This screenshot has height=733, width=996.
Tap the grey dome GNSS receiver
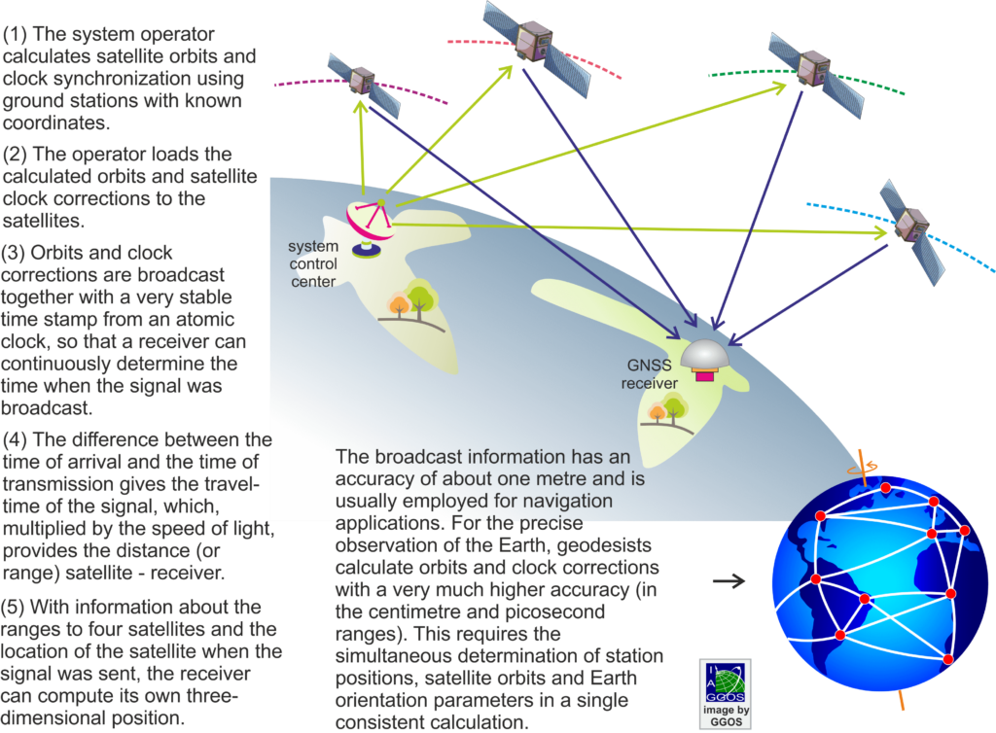(x=705, y=361)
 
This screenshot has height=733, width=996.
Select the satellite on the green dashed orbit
(x=816, y=73)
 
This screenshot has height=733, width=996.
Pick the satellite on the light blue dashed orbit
(x=912, y=231)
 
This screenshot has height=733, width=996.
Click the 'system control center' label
(x=313, y=264)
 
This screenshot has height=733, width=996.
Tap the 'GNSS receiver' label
(x=649, y=374)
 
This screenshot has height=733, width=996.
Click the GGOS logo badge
(x=726, y=694)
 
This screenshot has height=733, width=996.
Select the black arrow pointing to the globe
(x=729, y=580)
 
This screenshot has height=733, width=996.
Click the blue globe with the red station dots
(x=879, y=583)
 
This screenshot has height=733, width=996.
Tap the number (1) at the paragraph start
(x=15, y=34)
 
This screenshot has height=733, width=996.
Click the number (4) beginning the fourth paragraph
(x=15, y=439)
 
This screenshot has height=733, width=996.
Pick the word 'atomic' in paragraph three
(x=204, y=319)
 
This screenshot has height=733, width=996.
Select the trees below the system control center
(x=411, y=303)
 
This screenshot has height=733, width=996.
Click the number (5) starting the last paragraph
(x=13, y=608)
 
